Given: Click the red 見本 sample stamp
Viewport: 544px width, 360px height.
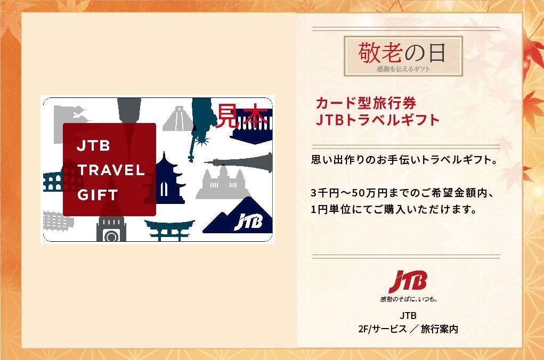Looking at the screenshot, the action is click(243, 116).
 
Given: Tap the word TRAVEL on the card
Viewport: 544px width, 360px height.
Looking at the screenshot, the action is click(111, 170).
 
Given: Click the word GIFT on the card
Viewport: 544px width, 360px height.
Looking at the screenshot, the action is click(98, 195).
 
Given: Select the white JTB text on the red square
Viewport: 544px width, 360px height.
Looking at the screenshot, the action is click(93, 146).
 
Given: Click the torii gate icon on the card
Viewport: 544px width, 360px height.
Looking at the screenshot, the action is click(169, 230).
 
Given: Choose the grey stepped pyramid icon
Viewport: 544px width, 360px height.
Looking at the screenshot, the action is click(178, 119).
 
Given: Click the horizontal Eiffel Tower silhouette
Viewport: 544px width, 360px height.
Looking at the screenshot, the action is click(239, 162).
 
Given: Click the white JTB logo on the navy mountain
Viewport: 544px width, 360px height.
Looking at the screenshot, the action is click(248, 222).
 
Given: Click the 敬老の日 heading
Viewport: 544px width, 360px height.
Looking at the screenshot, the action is click(402, 53).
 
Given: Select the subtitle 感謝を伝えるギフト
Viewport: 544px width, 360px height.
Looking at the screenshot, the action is click(403, 69).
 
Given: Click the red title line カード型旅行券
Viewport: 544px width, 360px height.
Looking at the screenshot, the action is click(366, 103).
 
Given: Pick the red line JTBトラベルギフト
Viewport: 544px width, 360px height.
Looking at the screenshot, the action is click(378, 120).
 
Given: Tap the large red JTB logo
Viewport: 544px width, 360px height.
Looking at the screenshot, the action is click(408, 281).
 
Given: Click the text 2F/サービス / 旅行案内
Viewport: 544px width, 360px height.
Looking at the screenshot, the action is click(408, 329).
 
